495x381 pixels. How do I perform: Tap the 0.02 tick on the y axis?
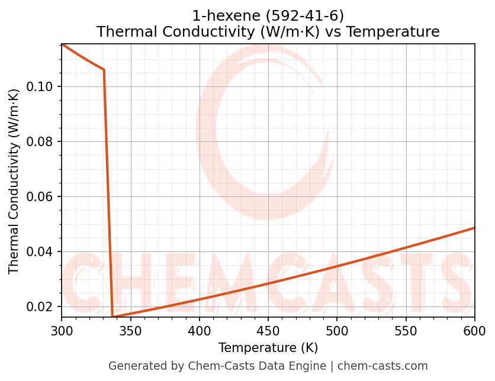(41, 306)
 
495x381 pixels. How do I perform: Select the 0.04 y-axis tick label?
(41, 251)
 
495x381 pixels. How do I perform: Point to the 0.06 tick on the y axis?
(41, 196)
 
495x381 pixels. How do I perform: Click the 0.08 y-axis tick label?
(41, 141)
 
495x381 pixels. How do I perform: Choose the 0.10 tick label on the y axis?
(41, 87)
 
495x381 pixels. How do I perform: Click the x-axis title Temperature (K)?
(268, 348)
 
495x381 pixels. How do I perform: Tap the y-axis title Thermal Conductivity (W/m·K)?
(14, 181)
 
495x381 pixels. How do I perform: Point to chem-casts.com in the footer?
(382, 366)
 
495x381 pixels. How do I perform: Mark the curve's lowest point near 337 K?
(112, 317)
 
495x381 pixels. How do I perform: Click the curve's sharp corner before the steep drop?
(104, 70)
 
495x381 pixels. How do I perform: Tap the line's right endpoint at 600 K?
(474, 228)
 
